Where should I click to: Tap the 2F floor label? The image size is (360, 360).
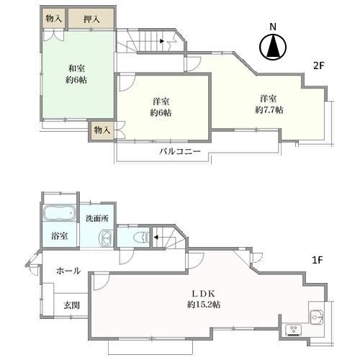point(318,66)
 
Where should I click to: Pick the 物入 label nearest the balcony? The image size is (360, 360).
point(102,130)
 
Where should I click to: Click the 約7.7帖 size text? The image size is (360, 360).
point(269,109)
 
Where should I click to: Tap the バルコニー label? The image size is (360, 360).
point(179,152)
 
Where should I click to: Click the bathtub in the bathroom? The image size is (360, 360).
point(59,215)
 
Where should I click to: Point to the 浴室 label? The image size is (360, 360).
point(59,235)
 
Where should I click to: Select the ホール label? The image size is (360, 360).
point(68,271)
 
